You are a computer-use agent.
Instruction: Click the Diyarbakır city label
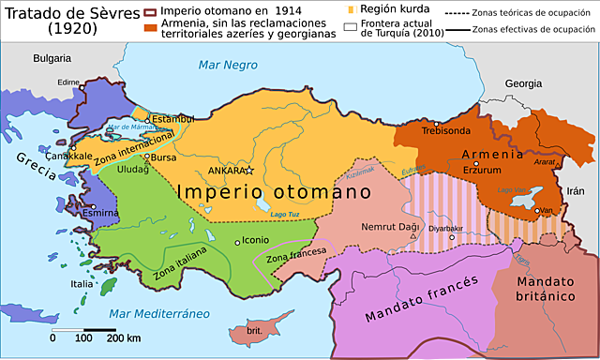click(446, 228)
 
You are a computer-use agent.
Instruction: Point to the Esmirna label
click(100, 213)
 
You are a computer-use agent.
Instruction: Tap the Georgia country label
click(523, 83)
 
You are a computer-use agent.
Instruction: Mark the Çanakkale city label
click(69, 155)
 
